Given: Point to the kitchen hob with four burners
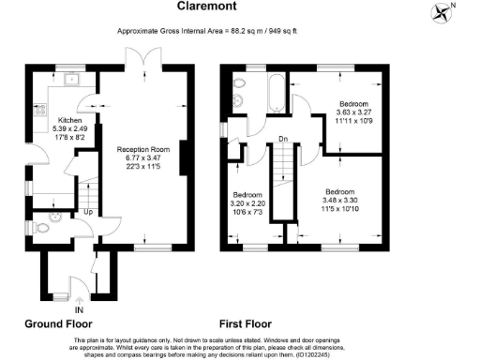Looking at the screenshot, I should pos(41,111).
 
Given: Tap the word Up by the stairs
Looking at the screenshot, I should pos(88,212).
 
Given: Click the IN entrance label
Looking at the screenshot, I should pos(79,309).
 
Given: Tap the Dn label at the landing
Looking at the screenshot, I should pos(282,139).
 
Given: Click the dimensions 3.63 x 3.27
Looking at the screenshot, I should pos(352,112).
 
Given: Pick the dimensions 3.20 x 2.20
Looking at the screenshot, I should pos(247,203).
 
